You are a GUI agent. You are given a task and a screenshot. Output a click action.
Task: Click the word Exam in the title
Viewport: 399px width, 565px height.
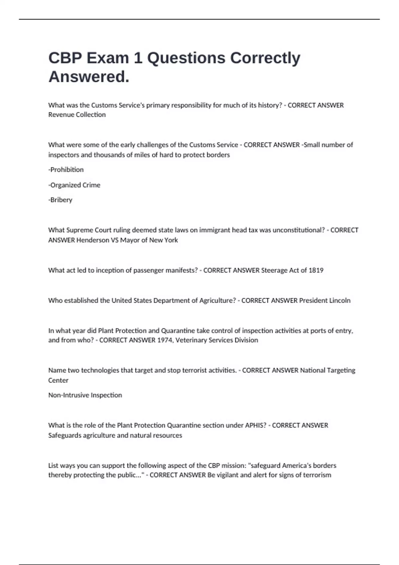point(107,58)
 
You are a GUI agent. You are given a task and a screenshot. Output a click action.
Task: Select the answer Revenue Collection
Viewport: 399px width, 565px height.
point(77,115)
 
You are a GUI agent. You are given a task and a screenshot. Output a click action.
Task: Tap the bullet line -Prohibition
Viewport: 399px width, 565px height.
point(66,169)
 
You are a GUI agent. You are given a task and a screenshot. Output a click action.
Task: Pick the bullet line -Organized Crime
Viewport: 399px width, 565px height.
point(74,185)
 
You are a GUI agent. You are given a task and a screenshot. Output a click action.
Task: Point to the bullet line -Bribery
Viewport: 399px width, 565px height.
point(60,200)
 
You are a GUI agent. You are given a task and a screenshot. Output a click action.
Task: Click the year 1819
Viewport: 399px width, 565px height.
point(316,270)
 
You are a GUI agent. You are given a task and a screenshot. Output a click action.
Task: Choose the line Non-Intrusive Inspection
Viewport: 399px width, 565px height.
point(85,395)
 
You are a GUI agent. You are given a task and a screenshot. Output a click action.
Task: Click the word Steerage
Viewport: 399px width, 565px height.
point(274,270)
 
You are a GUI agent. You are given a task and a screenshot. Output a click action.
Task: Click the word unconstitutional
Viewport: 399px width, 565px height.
point(298,230)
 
